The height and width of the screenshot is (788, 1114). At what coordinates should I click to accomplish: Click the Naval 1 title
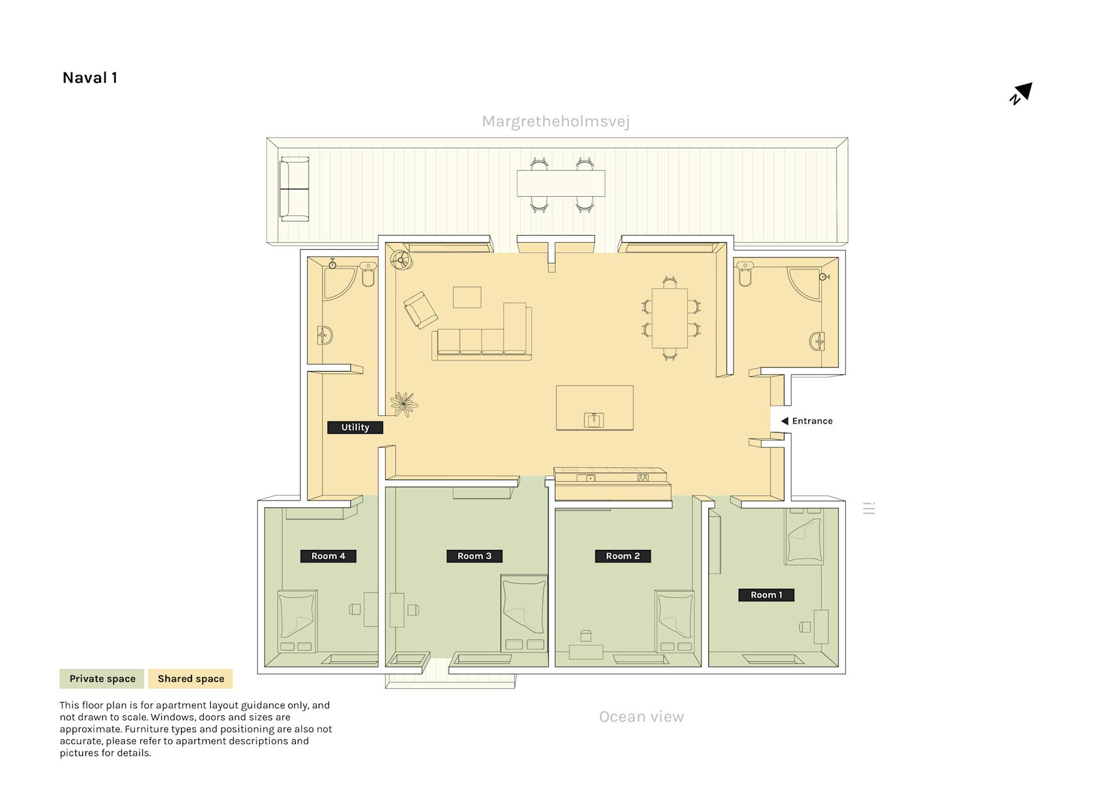pos(90,78)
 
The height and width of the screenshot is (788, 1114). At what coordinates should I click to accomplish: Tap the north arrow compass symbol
pos(1021,93)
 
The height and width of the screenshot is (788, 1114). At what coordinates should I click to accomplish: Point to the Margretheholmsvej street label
pos(555,121)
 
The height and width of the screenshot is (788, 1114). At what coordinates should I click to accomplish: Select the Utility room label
pos(355,427)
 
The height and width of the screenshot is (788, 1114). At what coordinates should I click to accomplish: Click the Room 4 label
pos(328,556)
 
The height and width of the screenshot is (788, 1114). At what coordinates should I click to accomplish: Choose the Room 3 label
pos(475,556)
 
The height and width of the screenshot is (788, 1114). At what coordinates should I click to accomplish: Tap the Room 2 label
pos(623,556)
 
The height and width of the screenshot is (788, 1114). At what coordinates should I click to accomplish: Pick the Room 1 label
pos(766,595)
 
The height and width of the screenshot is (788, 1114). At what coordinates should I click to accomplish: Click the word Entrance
pos(812,421)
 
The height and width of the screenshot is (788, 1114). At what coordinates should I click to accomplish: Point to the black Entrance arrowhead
pos(784,421)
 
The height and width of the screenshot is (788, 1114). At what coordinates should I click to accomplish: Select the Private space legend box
pos(102,679)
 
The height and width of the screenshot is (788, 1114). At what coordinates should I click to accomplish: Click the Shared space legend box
pos(191,679)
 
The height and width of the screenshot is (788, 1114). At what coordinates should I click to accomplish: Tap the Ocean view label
pos(641,717)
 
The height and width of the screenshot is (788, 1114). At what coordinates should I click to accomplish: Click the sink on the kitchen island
pos(594,420)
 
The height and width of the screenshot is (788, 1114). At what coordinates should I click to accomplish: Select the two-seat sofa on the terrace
pos(294,189)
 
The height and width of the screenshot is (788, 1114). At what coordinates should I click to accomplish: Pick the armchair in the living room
pos(421,310)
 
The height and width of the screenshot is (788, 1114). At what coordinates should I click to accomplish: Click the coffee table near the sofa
pos(467,297)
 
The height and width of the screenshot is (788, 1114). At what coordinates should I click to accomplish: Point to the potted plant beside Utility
pos(404,404)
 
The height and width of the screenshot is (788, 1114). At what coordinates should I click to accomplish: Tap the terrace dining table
pos(561,183)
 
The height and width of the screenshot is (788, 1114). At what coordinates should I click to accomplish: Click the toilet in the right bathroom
pos(745,274)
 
